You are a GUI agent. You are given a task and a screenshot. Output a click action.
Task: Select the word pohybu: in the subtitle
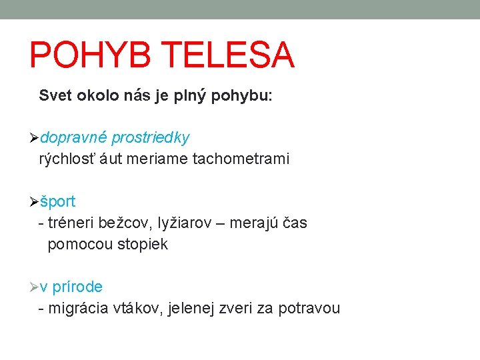pyautogui.click(x=241, y=96)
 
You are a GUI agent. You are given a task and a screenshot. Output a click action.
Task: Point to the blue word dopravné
pyautogui.click(x=73, y=138)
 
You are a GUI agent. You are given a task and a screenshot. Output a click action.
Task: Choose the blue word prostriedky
pyautogui.click(x=151, y=138)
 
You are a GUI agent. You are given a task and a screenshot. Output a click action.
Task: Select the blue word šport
pyautogui.click(x=58, y=202)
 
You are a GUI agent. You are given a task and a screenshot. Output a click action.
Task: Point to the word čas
pyautogui.click(x=295, y=223)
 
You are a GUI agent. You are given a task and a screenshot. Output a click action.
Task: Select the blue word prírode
pyautogui.click(x=77, y=287)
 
